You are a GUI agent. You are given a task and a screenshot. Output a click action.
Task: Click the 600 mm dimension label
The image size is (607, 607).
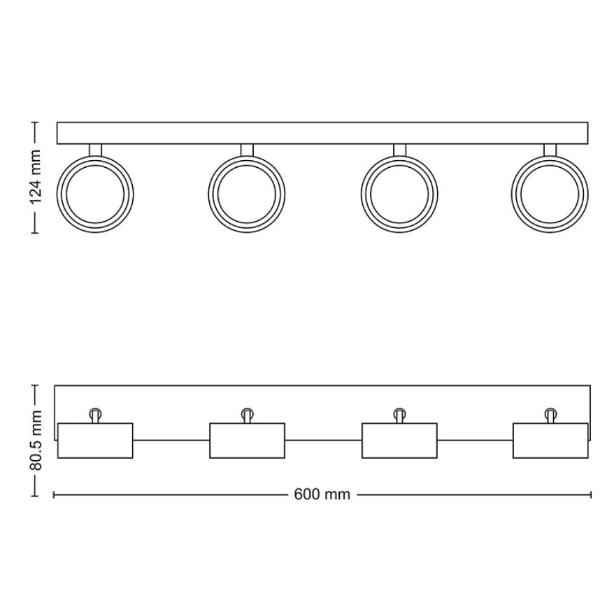pyautogui.click(x=322, y=494)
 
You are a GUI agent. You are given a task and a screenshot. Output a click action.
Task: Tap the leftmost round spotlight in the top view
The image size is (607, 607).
pyautogui.click(x=95, y=193)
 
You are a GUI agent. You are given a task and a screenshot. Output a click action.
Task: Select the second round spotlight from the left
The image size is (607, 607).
pyautogui.click(x=247, y=193)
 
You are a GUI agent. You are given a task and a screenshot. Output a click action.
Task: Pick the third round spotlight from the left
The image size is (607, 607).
pyautogui.click(x=399, y=193)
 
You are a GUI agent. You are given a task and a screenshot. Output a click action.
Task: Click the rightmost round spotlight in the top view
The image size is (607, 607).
pyautogui.click(x=550, y=193)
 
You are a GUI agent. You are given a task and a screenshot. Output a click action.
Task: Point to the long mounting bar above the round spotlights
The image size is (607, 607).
pyautogui.click(x=322, y=134)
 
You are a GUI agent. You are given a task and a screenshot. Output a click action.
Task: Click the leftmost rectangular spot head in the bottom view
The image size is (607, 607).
pyautogui.click(x=95, y=441)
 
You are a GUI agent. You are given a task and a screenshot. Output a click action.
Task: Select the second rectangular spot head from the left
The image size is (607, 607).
pyautogui.click(x=247, y=441)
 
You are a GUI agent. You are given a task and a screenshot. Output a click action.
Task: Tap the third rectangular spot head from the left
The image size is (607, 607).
pyautogui.click(x=399, y=441)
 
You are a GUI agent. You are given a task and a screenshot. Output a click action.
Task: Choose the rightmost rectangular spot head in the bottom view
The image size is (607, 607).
pyautogui.click(x=550, y=441)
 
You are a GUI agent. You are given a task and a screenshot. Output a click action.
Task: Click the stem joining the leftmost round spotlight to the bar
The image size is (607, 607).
pyautogui.click(x=95, y=150)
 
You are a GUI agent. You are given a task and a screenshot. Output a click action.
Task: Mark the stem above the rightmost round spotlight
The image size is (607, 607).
pyautogui.click(x=550, y=150)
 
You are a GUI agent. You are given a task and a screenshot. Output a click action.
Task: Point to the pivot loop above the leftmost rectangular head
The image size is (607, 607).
pyautogui.click(x=95, y=415)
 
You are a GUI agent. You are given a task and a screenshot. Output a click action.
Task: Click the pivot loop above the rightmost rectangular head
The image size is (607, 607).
pyautogui.click(x=550, y=415)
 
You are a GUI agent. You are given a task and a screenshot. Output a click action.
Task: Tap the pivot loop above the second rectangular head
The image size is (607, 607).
pyautogui.click(x=247, y=415)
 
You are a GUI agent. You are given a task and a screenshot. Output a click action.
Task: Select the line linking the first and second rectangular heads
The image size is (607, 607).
pyautogui.click(x=171, y=441)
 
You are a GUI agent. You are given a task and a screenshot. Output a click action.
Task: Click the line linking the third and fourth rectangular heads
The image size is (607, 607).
pyautogui.click(x=475, y=441)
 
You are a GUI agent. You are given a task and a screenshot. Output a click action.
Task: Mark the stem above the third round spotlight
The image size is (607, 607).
pyautogui.click(x=399, y=150)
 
